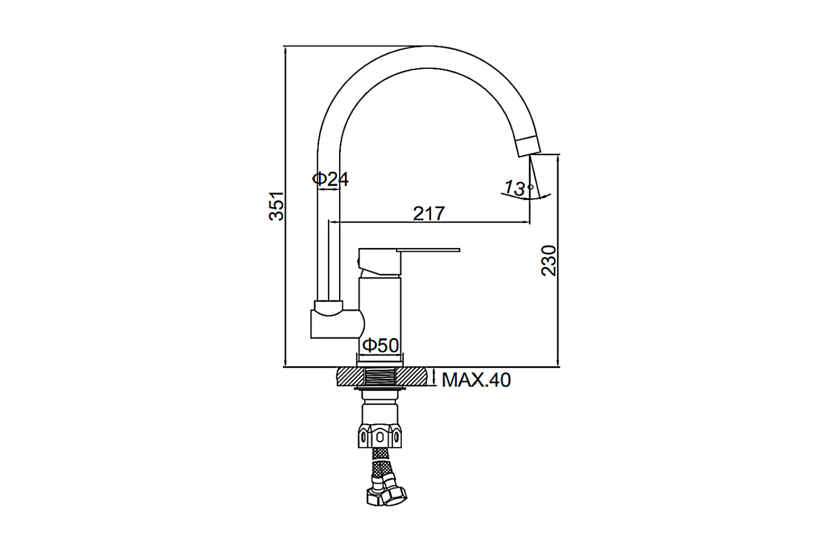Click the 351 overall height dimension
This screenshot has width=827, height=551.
click(x=276, y=206)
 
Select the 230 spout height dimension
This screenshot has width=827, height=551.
click(x=548, y=260)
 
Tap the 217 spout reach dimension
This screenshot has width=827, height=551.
click(x=428, y=214)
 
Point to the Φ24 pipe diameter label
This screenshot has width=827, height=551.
click(x=330, y=179)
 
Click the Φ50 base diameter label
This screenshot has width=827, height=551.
click(x=380, y=345)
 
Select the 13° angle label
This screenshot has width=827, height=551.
click(x=519, y=188)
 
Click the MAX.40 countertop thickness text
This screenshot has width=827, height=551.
click(x=476, y=380)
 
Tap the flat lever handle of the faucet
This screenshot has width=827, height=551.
click(x=428, y=250)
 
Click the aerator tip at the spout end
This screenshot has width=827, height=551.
click(x=528, y=146)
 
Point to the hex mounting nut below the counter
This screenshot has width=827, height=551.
click(x=379, y=436)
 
